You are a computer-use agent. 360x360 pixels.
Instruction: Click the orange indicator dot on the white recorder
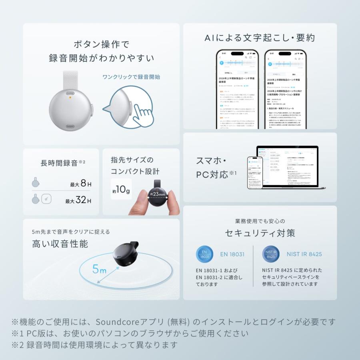click(70, 97)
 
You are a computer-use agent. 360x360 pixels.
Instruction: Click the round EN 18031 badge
click(204, 254)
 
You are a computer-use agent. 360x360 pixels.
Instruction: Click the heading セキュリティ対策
click(260, 233)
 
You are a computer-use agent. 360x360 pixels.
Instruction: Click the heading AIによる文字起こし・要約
click(260, 38)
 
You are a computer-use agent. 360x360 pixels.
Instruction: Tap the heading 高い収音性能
click(60, 244)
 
